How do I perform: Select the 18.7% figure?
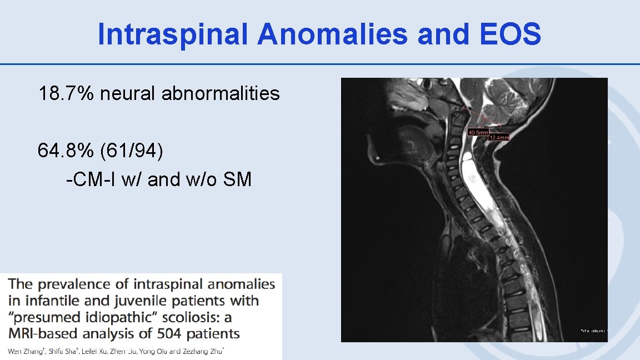66,93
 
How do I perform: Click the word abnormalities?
221,93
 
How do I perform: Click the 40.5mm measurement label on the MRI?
478,133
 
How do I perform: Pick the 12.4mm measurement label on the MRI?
498,137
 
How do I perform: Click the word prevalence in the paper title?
76,284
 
